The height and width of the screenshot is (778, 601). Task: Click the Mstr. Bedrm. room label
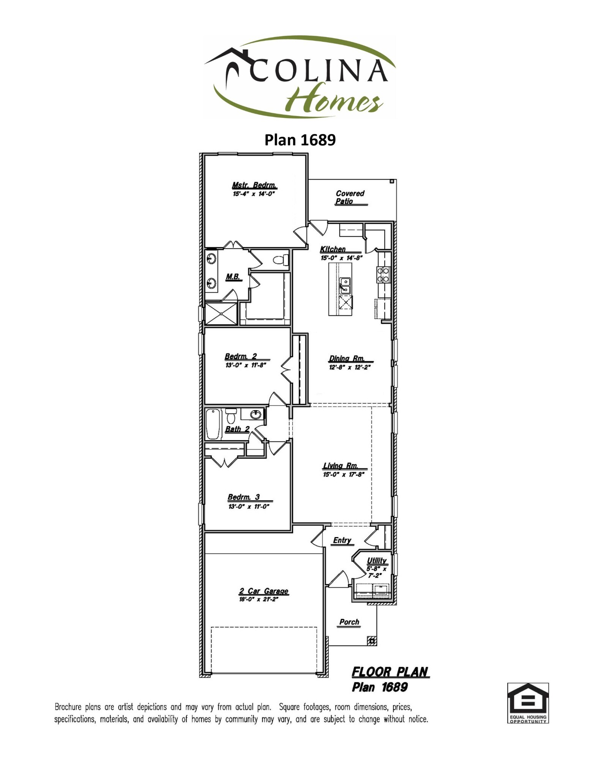tap(254, 185)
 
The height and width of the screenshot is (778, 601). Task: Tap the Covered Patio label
tap(350, 197)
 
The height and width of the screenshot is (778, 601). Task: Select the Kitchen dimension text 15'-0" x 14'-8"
tap(341, 258)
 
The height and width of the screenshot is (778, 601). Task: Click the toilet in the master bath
tap(281, 260)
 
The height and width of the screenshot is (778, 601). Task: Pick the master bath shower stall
tap(221, 313)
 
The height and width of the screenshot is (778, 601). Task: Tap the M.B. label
tap(233, 277)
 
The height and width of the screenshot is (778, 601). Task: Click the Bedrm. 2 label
tap(241, 356)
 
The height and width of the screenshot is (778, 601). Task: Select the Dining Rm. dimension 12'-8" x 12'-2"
tap(349, 367)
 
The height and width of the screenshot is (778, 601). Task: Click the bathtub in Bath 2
tap(213, 424)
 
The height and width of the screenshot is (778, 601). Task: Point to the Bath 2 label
tap(237, 429)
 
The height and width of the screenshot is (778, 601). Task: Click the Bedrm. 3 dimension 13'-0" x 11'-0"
tap(249, 506)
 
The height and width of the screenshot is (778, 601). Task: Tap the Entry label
tap(342, 540)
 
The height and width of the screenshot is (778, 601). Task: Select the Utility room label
tap(377, 561)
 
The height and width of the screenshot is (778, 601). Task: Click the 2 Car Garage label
tap(263, 591)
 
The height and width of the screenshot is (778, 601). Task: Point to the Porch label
tap(349, 622)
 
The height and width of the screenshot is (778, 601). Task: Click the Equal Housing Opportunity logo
tap(528, 703)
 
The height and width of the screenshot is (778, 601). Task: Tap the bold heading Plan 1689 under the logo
tap(300, 140)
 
